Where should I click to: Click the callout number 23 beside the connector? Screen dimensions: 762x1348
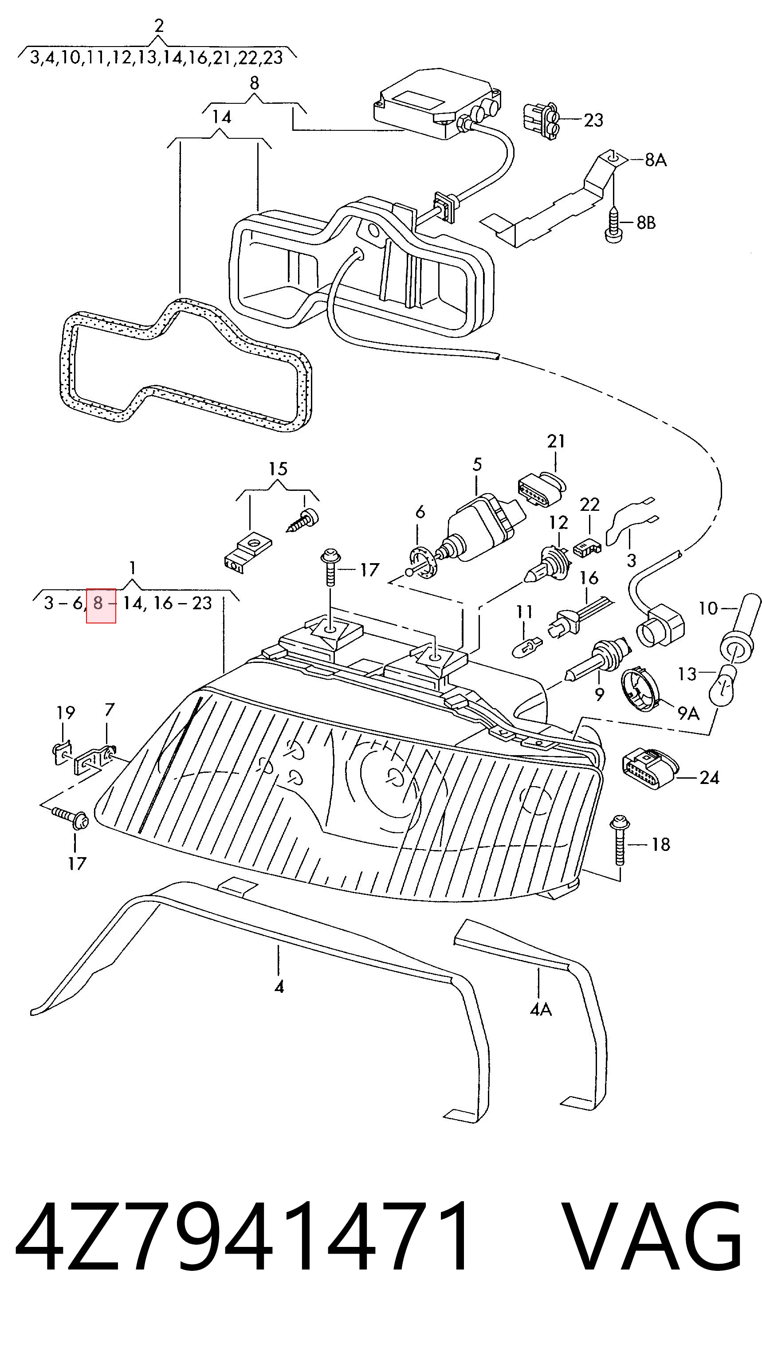(593, 120)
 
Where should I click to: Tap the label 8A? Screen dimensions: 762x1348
(656, 160)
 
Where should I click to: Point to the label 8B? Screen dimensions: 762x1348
(646, 223)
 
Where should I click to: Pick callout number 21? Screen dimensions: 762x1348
(556, 442)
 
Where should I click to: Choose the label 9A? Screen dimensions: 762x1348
(688, 713)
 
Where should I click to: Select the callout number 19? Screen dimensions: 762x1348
(65, 712)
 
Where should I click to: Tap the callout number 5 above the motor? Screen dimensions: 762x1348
(477, 464)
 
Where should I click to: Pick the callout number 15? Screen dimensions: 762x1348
(278, 468)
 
